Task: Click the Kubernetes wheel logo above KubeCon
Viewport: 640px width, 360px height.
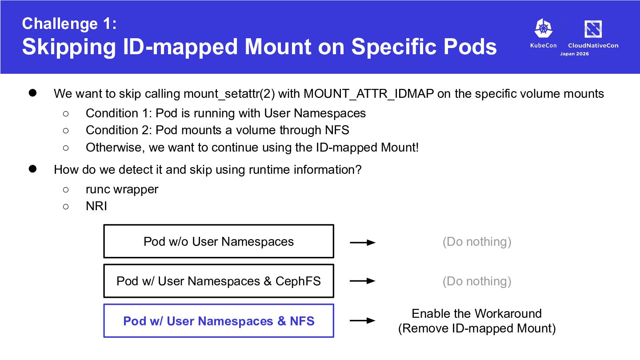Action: [543, 28]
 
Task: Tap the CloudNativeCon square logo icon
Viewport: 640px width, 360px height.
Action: [593, 29]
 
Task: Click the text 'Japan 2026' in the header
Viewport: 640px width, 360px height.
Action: [574, 54]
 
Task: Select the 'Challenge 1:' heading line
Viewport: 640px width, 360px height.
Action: [69, 24]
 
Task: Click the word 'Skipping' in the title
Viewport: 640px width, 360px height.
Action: [69, 47]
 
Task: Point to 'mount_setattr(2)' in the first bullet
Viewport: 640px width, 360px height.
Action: [229, 94]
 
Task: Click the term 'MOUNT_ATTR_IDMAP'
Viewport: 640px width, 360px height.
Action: [368, 94]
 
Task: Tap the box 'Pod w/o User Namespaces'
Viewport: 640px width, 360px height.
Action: [219, 241]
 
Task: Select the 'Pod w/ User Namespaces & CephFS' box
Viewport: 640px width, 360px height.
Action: [219, 281]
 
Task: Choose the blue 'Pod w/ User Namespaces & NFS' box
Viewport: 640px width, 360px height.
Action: [219, 320]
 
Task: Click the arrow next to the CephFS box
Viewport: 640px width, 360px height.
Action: [363, 281]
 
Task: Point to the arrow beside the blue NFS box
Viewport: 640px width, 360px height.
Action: [363, 320]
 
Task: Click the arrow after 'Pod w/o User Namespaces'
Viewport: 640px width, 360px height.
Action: [363, 243]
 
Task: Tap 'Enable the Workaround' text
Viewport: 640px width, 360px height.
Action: [476, 313]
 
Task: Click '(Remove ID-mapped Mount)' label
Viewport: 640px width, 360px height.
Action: [477, 328]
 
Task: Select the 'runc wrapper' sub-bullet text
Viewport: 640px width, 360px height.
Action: [122, 189]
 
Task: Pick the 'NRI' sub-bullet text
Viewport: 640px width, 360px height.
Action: [96, 206]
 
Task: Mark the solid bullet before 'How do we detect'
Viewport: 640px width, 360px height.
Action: [32, 169]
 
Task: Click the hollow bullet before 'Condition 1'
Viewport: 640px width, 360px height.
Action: [66, 114]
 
